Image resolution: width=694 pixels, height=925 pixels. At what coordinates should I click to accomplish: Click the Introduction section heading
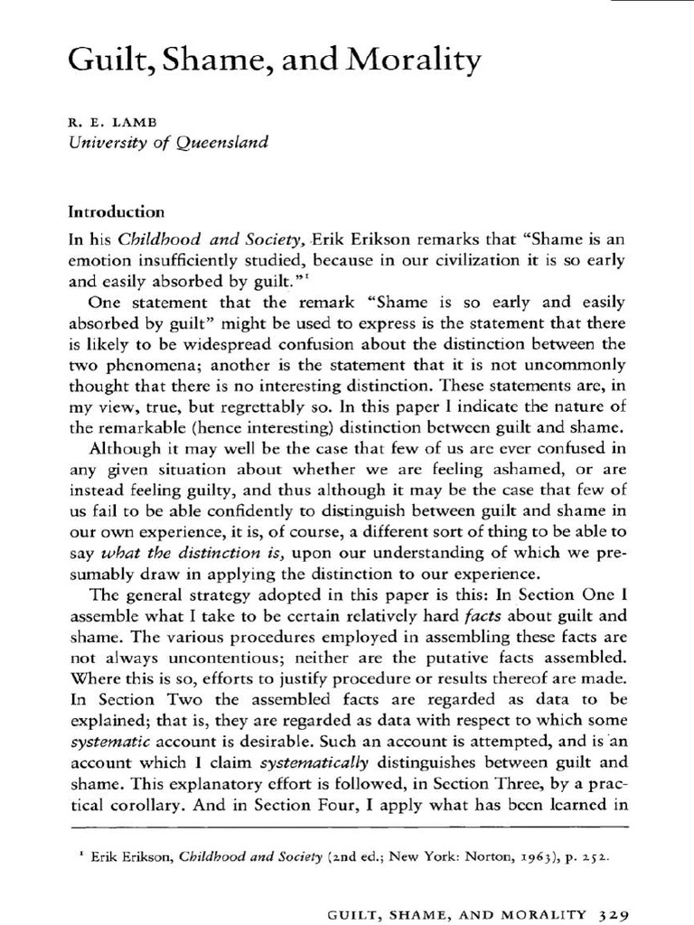click(x=117, y=212)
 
